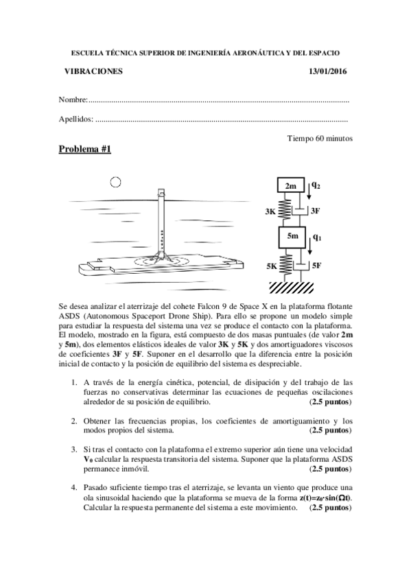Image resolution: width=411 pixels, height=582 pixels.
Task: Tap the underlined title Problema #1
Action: tap(84, 150)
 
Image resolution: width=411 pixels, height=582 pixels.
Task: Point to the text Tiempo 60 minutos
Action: tap(320, 138)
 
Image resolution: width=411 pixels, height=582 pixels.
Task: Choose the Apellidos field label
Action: tap(76, 119)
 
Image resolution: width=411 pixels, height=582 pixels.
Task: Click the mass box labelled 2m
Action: tap(291, 186)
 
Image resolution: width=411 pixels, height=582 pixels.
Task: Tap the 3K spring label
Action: tap(270, 212)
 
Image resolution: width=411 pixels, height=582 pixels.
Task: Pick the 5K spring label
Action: tap(271, 265)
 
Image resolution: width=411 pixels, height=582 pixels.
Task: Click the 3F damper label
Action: tap(315, 211)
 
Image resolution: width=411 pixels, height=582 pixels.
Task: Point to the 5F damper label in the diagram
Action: tap(316, 265)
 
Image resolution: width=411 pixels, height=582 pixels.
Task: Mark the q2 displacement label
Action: tap(316, 185)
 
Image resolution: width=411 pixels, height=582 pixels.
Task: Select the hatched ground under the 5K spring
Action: tap(292, 285)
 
